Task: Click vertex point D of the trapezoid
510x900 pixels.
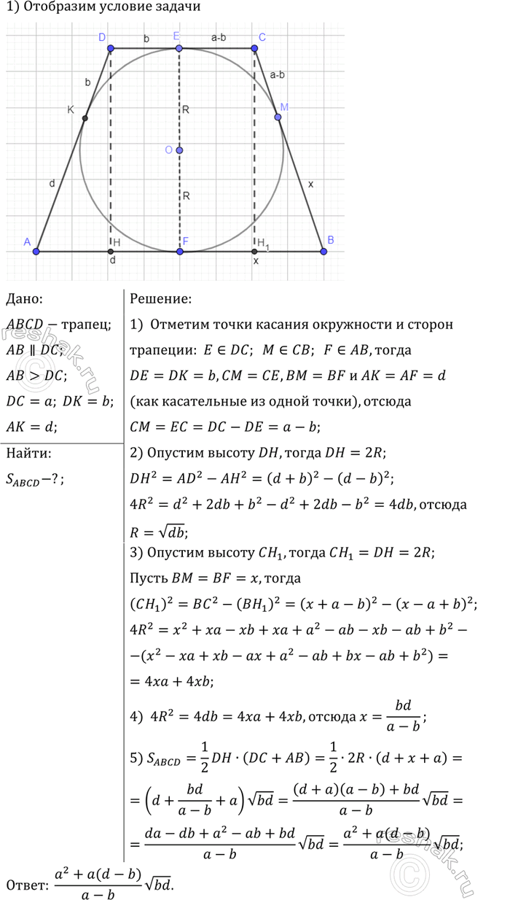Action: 111,49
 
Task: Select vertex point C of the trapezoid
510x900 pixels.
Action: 255,49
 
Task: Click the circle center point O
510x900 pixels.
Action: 179,150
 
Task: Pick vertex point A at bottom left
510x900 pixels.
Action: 37,251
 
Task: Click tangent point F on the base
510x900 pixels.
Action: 180,251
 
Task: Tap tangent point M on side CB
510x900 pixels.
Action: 278,117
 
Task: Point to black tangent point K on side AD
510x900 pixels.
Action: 85,118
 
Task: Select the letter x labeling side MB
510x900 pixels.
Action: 311,185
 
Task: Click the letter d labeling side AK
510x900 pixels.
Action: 52,184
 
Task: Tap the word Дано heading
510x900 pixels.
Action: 24,298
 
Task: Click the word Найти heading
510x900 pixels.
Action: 28,453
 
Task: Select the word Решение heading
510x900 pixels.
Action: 160,298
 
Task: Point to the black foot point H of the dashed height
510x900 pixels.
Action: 111,251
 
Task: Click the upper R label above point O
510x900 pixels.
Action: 187,109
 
